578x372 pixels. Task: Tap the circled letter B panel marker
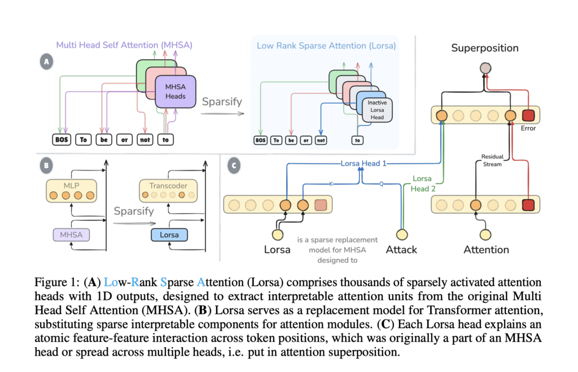click(x=46, y=167)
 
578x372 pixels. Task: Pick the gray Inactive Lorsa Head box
click(x=377, y=110)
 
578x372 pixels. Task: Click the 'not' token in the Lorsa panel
click(x=320, y=140)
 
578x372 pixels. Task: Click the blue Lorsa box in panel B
click(x=169, y=234)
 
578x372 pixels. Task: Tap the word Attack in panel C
click(x=401, y=249)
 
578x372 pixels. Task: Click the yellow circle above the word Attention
click(x=485, y=234)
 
